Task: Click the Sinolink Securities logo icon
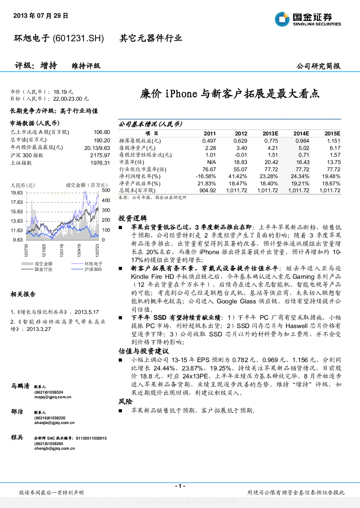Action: click(x=282, y=19)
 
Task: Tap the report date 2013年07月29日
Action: click(x=41, y=16)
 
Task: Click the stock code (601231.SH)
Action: click(x=78, y=38)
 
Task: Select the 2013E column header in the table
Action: click(x=270, y=134)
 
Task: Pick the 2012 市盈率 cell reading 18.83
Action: click(x=240, y=162)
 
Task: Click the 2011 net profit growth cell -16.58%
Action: click(x=206, y=176)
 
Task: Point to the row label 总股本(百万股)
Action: click(x=137, y=190)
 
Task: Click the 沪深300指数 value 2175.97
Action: click(x=100, y=155)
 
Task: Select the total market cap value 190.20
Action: click(x=102, y=140)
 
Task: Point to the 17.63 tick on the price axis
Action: click(x=17, y=202)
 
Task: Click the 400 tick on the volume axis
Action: click(x=106, y=200)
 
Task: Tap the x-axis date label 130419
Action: click(x=79, y=250)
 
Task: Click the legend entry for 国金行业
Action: click(x=37, y=269)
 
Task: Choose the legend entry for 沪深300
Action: click(x=86, y=269)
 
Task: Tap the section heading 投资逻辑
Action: click(x=132, y=218)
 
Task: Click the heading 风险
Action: click(x=125, y=402)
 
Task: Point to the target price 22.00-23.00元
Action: click(x=71, y=99)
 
